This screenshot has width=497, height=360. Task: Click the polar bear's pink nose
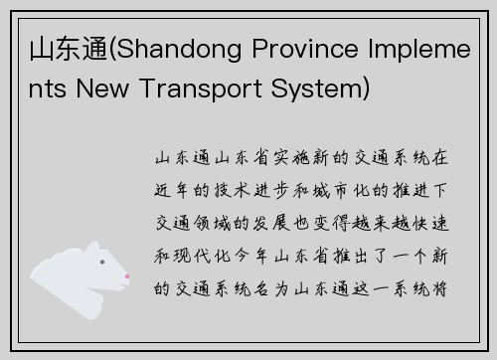126,277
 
